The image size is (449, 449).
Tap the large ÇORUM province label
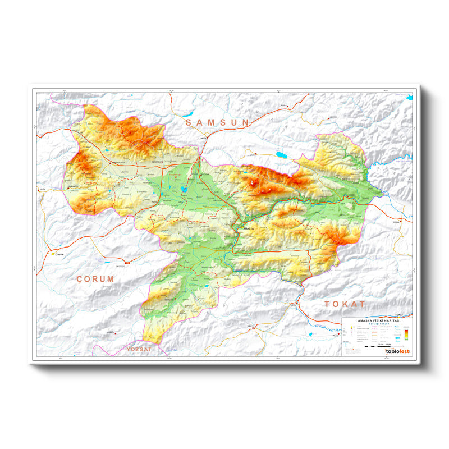coord(95,278)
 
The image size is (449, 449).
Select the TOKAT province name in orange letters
coord(345,304)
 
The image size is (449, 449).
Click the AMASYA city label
coord(247,229)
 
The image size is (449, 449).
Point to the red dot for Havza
coord(206,136)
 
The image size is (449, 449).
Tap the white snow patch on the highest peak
coord(256,182)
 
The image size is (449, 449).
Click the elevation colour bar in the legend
coord(405,335)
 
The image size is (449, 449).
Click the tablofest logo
coord(397,351)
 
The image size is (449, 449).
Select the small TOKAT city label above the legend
coord(399,315)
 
